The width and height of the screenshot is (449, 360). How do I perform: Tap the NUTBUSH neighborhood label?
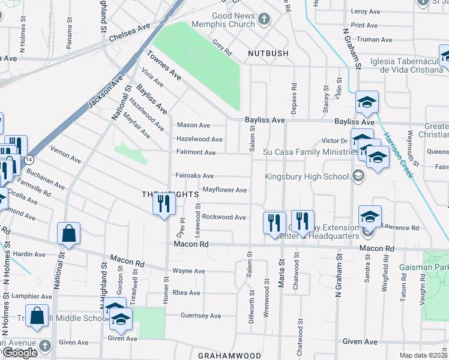pos(268,53)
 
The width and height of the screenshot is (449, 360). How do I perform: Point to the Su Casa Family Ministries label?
pos(310,152)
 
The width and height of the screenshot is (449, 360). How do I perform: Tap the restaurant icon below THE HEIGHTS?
pos(164,204)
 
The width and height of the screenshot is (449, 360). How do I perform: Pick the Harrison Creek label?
pos(398,154)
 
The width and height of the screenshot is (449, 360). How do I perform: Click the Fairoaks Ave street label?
pos(195,176)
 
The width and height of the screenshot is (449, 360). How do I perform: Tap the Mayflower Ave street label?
pos(224,190)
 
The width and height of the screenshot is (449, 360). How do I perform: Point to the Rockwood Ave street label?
pos(224,217)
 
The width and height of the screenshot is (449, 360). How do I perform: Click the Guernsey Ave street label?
pos(200,316)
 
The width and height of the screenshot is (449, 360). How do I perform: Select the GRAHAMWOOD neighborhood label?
pos(229,356)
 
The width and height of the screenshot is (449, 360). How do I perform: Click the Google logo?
pos(20,353)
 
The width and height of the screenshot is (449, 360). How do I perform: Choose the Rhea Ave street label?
pos(186,293)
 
